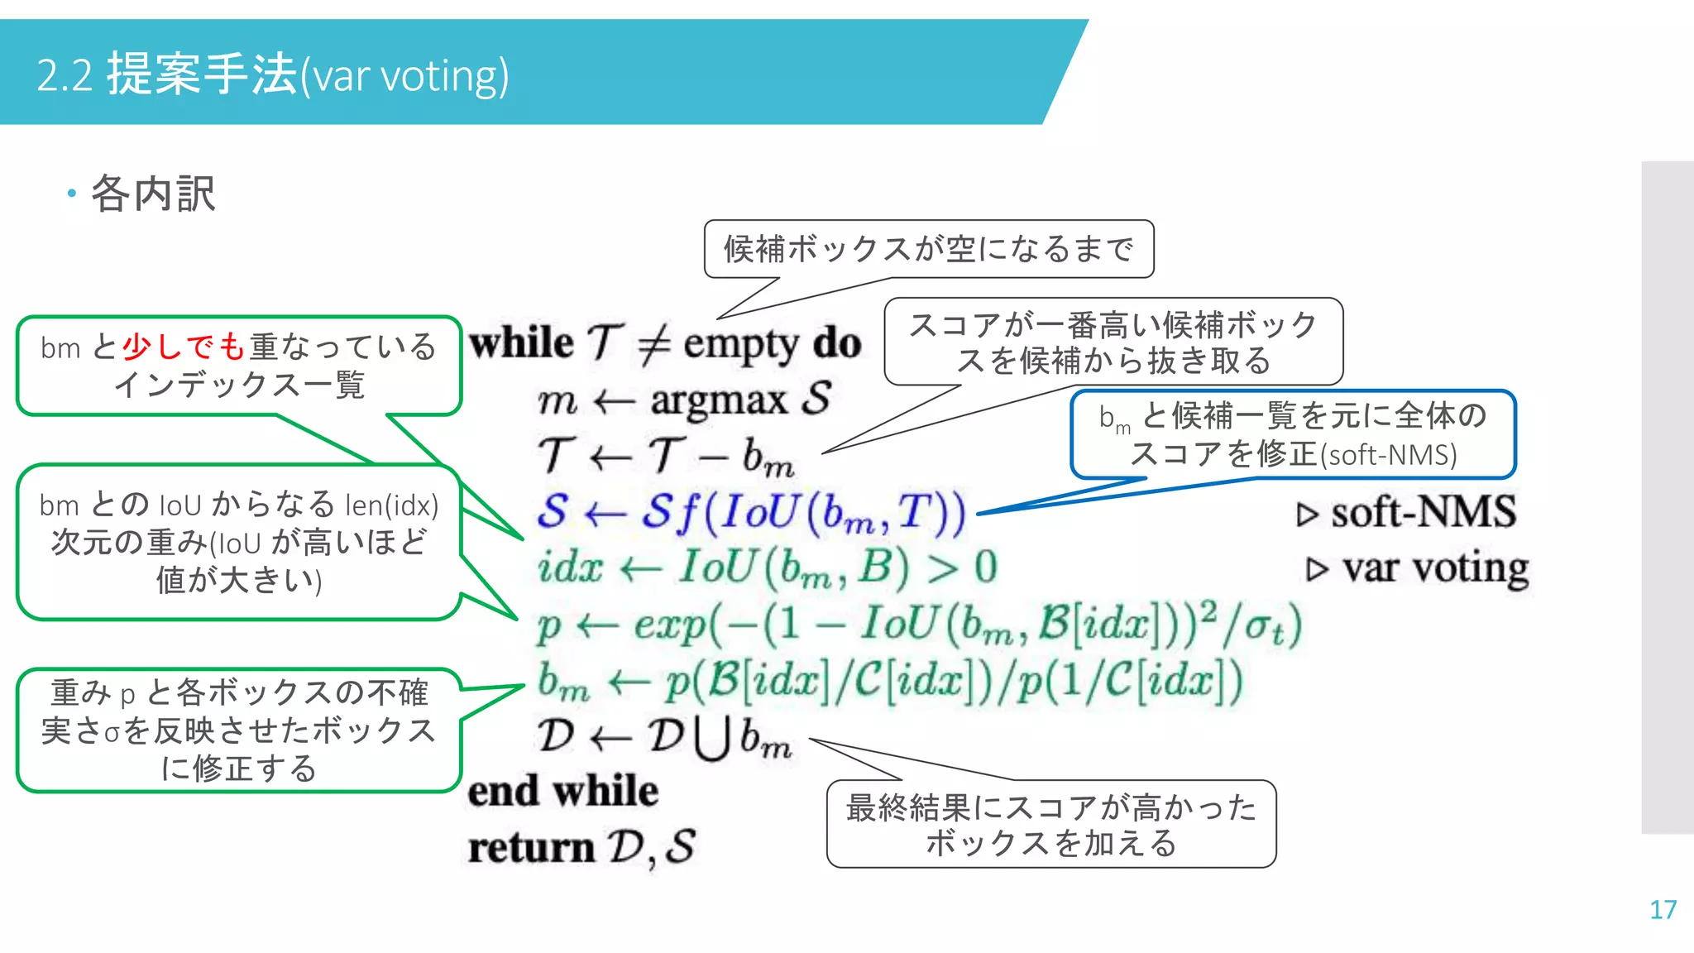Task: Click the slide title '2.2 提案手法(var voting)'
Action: (273, 74)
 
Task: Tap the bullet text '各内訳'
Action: (153, 194)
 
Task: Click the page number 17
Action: (1663, 910)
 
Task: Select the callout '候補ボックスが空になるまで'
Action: (928, 249)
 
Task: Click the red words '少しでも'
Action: (184, 347)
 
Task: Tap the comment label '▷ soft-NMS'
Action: (1407, 512)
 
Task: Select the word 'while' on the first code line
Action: (521, 342)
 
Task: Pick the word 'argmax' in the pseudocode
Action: (719, 400)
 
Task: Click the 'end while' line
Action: (563, 791)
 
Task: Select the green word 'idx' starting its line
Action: (570, 567)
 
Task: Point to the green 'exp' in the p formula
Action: (669, 625)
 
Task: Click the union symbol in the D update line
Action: (712, 738)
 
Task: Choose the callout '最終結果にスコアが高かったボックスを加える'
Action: (1050, 825)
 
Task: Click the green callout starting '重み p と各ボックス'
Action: (238, 730)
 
